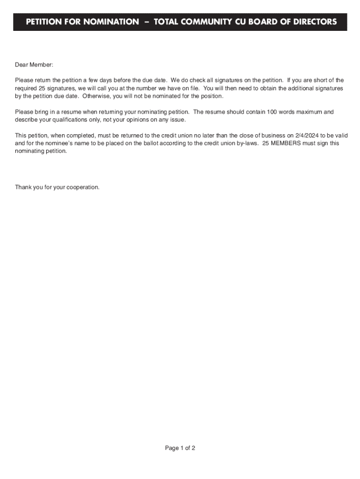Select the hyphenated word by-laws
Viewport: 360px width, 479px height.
tap(246, 144)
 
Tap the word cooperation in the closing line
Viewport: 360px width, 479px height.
tap(83, 187)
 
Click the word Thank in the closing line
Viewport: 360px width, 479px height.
tap(23, 187)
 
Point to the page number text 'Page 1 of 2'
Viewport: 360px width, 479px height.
tap(180, 448)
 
